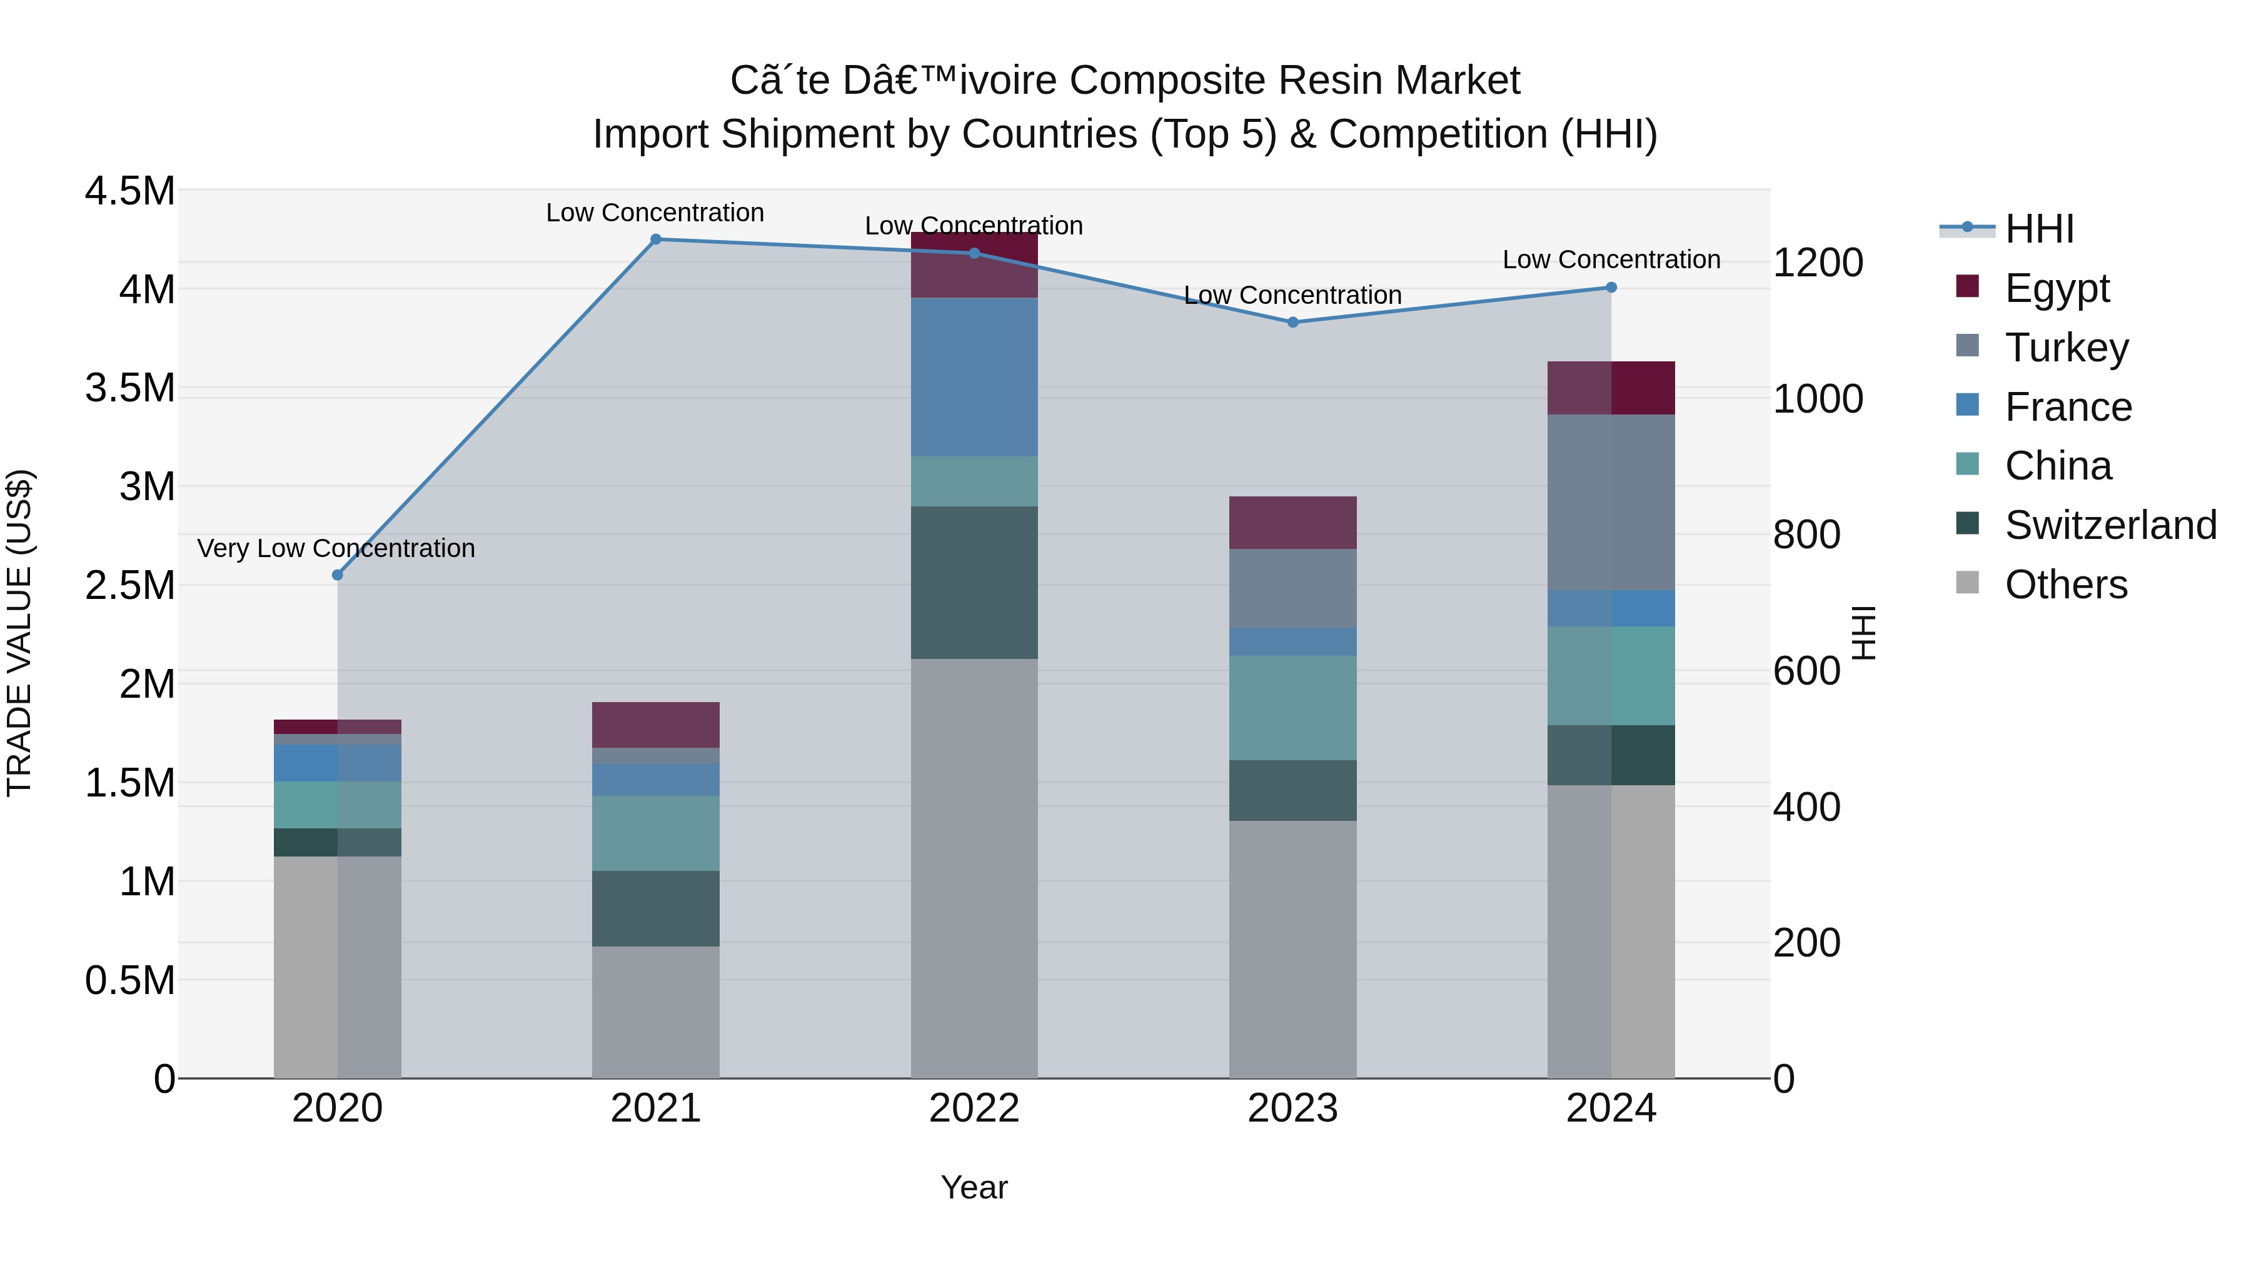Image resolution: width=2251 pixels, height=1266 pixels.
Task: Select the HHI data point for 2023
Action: pyautogui.click(x=1292, y=323)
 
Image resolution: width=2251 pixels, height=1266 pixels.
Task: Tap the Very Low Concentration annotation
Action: pyautogui.click(x=336, y=549)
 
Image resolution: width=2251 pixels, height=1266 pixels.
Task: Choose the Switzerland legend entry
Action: pyautogui.click(x=2110, y=525)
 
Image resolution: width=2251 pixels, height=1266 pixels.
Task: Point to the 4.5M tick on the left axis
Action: pyautogui.click(x=130, y=191)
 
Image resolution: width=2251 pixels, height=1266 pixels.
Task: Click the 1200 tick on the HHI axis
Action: pyautogui.click(x=1818, y=263)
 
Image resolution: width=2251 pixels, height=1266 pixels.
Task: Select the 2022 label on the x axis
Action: pyautogui.click(x=974, y=1108)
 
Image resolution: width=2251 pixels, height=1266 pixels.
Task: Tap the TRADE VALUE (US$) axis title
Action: pyautogui.click(x=20, y=633)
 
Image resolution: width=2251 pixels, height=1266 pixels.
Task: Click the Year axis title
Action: pyautogui.click(x=974, y=1187)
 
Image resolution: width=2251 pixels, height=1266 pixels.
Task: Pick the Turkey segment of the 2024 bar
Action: pyautogui.click(x=1611, y=503)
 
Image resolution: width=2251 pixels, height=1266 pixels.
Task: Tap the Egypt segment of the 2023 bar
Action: pyautogui.click(x=1292, y=523)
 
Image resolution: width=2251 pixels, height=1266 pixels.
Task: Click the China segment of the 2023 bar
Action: pyautogui.click(x=1292, y=708)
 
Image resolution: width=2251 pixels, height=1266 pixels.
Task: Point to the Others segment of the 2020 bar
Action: pyautogui.click(x=336, y=967)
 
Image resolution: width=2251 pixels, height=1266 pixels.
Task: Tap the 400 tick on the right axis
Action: pyautogui.click(x=1806, y=807)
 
